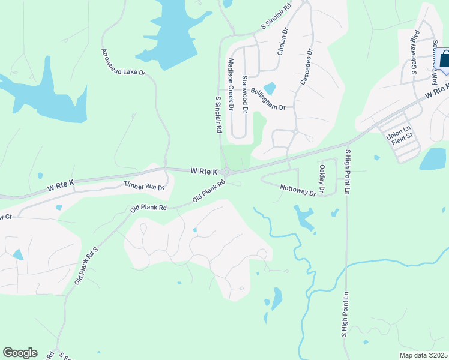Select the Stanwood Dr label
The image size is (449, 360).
(x=244, y=95)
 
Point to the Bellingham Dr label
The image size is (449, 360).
(x=268, y=98)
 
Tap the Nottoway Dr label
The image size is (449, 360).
(x=298, y=190)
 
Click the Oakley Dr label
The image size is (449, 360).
(x=322, y=179)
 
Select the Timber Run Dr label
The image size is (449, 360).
(x=143, y=186)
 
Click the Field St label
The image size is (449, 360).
(x=402, y=143)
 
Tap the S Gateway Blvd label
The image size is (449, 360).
(x=414, y=58)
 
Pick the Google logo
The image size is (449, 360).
(x=20, y=353)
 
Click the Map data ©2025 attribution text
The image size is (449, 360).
(x=423, y=355)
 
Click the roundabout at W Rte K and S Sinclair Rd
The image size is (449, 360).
(x=226, y=173)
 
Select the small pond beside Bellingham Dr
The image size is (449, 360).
(x=270, y=88)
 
